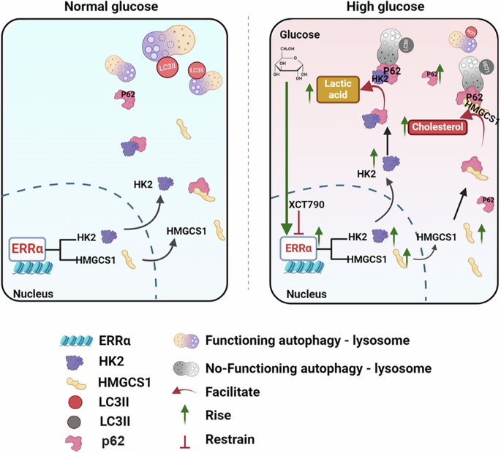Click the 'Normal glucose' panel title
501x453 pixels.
click(x=121, y=7)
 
